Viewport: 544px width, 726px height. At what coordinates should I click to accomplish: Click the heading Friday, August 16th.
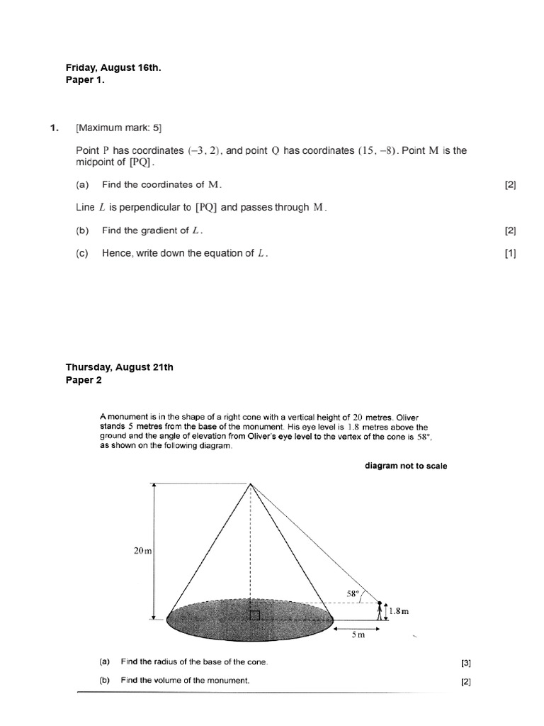[113, 67]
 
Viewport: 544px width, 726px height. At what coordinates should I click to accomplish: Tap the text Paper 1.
[86, 80]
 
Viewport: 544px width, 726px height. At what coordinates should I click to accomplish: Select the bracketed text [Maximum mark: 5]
[118, 128]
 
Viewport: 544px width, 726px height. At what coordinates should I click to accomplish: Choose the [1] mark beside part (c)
[510, 253]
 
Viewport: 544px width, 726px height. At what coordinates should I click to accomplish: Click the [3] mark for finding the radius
[465, 664]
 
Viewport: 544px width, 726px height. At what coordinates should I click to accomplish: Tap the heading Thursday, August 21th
[119, 367]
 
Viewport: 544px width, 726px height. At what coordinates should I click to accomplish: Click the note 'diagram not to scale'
[406, 466]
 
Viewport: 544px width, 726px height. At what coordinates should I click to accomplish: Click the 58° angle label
[353, 593]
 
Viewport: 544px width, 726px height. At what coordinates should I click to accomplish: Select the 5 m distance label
[358, 635]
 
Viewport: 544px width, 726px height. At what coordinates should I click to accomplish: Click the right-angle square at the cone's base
[255, 614]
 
